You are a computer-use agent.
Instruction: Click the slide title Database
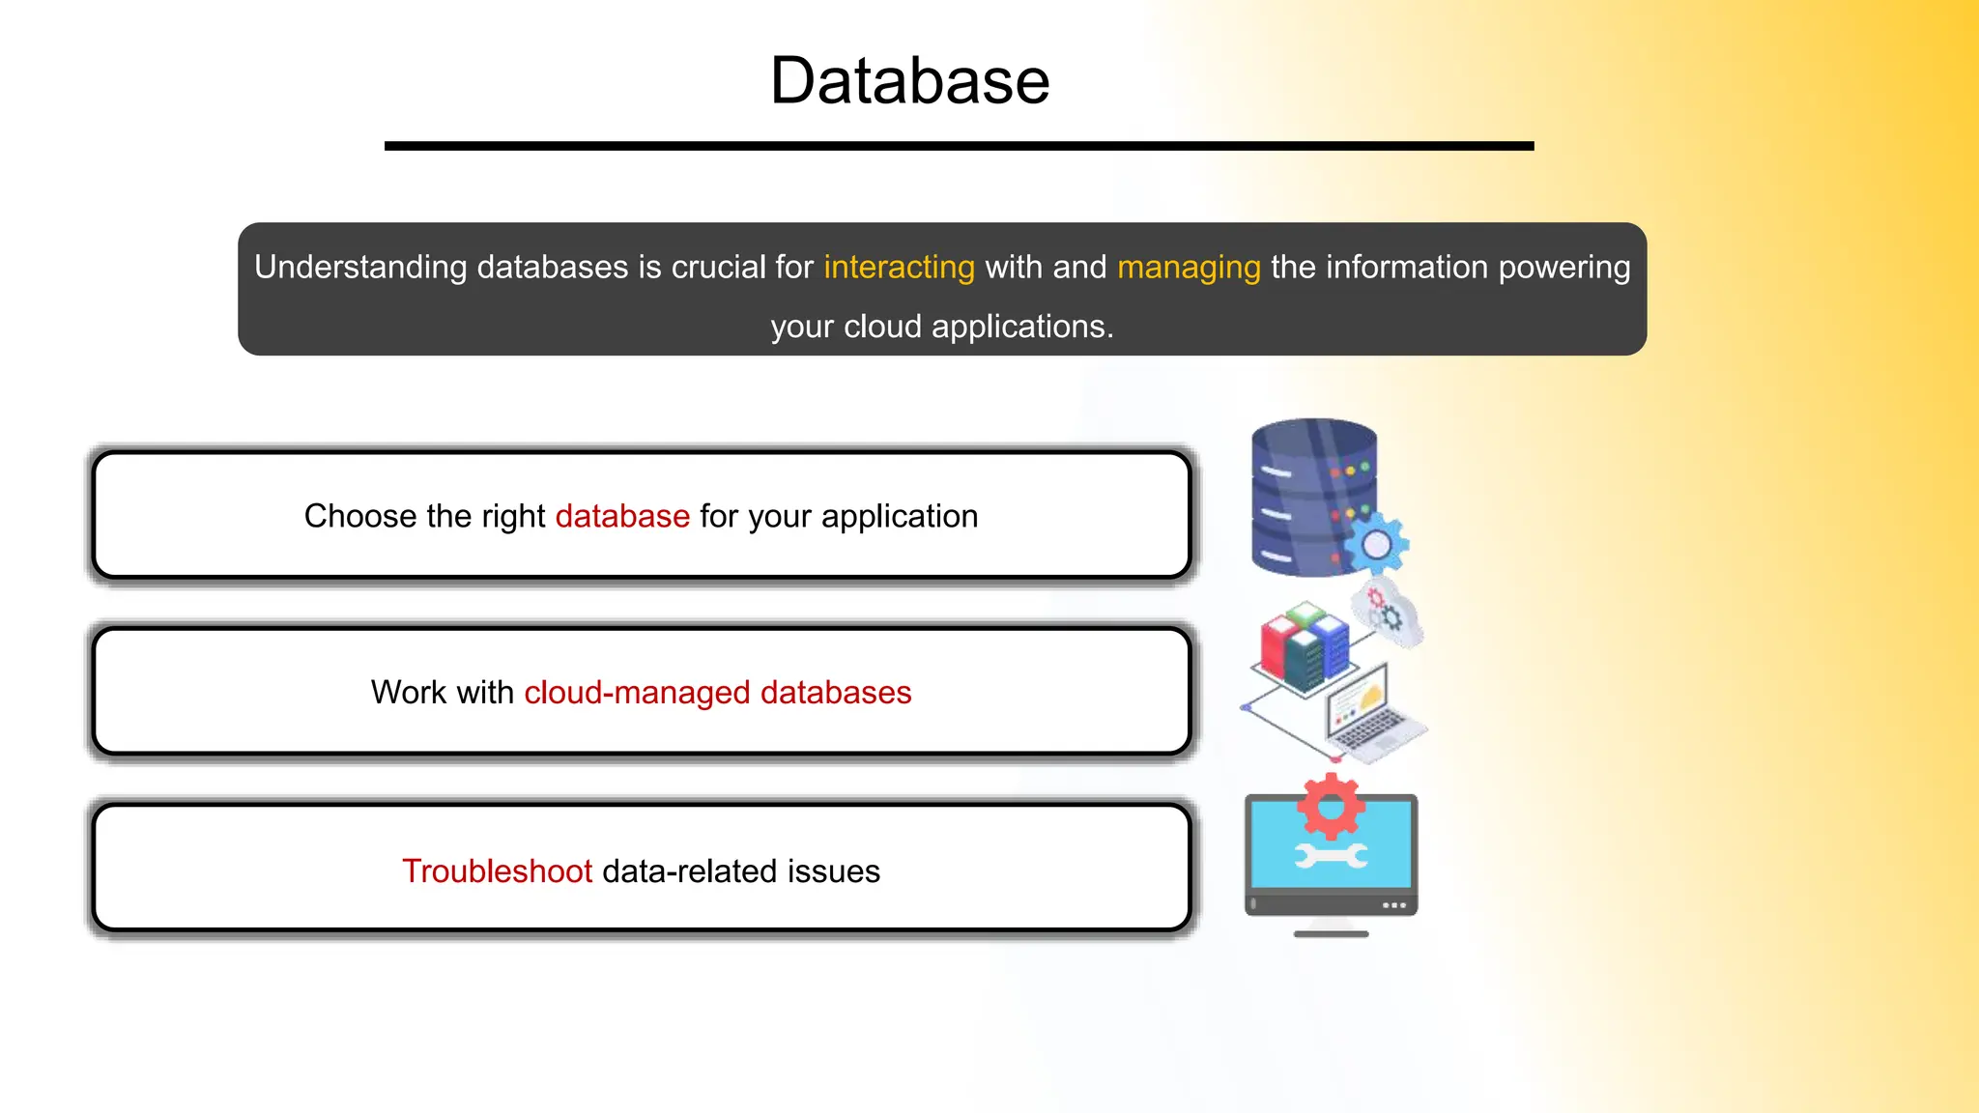(x=909, y=80)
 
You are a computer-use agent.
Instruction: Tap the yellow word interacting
(x=899, y=267)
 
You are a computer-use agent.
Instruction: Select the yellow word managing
(x=1189, y=267)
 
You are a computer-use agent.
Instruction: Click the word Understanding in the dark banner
(x=360, y=267)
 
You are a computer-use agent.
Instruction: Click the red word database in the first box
(x=622, y=516)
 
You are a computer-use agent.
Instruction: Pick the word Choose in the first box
(x=360, y=516)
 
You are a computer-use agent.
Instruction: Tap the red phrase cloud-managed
(x=637, y=693)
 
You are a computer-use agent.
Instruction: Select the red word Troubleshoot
(x=497, y=870)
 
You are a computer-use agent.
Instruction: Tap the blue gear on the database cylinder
(x=1377, y=544)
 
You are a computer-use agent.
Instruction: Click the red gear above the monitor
(x=1331, y=806)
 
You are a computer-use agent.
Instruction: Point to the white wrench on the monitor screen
(x=1331, y=856)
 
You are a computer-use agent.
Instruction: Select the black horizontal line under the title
(x=959, y=146)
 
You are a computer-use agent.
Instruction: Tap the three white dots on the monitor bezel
(x=1394, y=905)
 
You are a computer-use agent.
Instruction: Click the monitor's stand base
(x=1331, y=933)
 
